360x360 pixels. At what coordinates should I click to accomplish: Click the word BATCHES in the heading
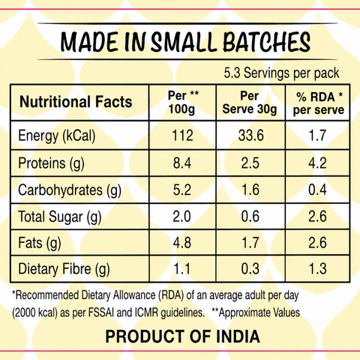tap(267, 42)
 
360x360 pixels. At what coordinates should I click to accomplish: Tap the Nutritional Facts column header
tap(76, 102)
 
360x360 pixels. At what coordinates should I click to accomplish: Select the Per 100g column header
tap(183, 102)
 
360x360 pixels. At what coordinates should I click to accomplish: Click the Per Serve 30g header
tap(250, 102)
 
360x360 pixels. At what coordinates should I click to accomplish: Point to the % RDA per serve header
tap(319, 103)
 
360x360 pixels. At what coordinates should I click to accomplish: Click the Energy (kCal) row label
tap(57, 136)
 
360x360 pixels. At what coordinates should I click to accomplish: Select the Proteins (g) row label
tap(51, 163)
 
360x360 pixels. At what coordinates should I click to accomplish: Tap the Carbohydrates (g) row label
tap(70, 190)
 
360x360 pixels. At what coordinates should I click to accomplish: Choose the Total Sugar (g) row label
tap(60, 217)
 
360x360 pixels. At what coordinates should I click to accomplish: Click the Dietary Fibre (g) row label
tap(64, 269)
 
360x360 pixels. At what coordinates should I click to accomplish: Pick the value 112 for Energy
tap(182, 136)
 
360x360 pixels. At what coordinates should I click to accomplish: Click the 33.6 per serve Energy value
tap(251, 136)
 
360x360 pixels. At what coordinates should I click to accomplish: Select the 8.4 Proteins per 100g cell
tap(182, 163)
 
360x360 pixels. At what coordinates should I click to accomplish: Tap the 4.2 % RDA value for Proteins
tap(317, 163)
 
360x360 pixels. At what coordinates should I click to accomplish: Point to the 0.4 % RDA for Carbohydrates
tap(317, 190)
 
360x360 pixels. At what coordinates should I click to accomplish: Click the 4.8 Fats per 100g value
tap(182, 243)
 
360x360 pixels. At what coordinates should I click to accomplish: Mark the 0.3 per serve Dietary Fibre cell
tap(250, 269)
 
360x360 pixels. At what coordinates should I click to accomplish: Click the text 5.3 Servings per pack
tap(281, 73)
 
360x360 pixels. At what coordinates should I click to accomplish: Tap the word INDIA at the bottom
tap(238, 336)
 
